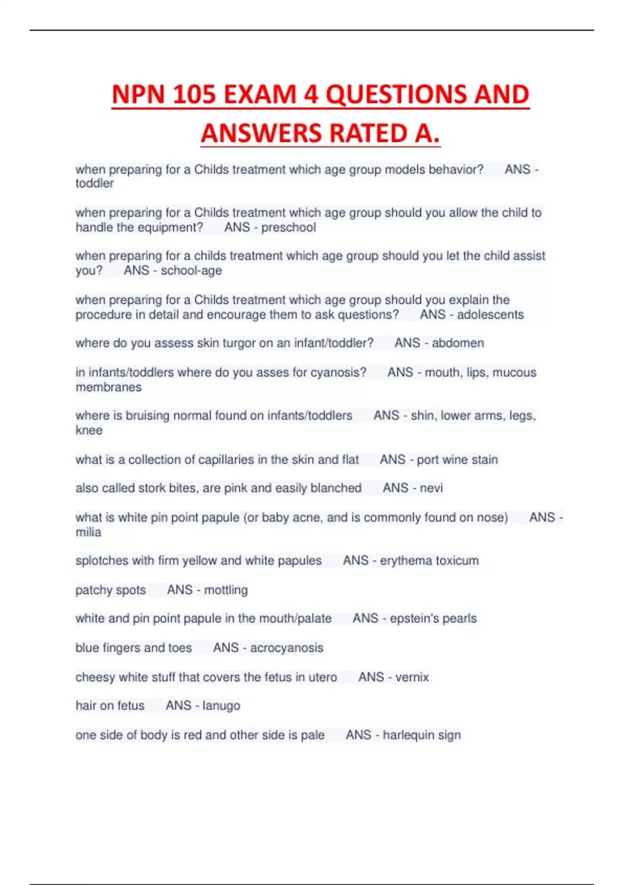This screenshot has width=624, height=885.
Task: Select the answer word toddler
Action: (95, 184)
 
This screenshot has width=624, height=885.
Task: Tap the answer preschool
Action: (289, 227)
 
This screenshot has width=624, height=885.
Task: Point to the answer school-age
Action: (191, 271)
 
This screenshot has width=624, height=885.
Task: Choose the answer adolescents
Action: (490, 315)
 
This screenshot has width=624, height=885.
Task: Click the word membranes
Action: (109, 387)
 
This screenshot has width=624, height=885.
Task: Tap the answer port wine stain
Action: (457, 460)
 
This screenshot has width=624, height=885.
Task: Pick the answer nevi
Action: (431, 488)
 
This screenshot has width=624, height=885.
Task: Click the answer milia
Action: (88, 533)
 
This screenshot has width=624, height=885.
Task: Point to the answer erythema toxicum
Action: (429, 561)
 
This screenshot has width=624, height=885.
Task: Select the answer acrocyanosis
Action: (287, 648)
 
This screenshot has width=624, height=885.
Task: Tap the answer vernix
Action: (412, 677)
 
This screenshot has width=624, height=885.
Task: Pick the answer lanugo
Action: (221, 706)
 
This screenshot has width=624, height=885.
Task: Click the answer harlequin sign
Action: (422, 735)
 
